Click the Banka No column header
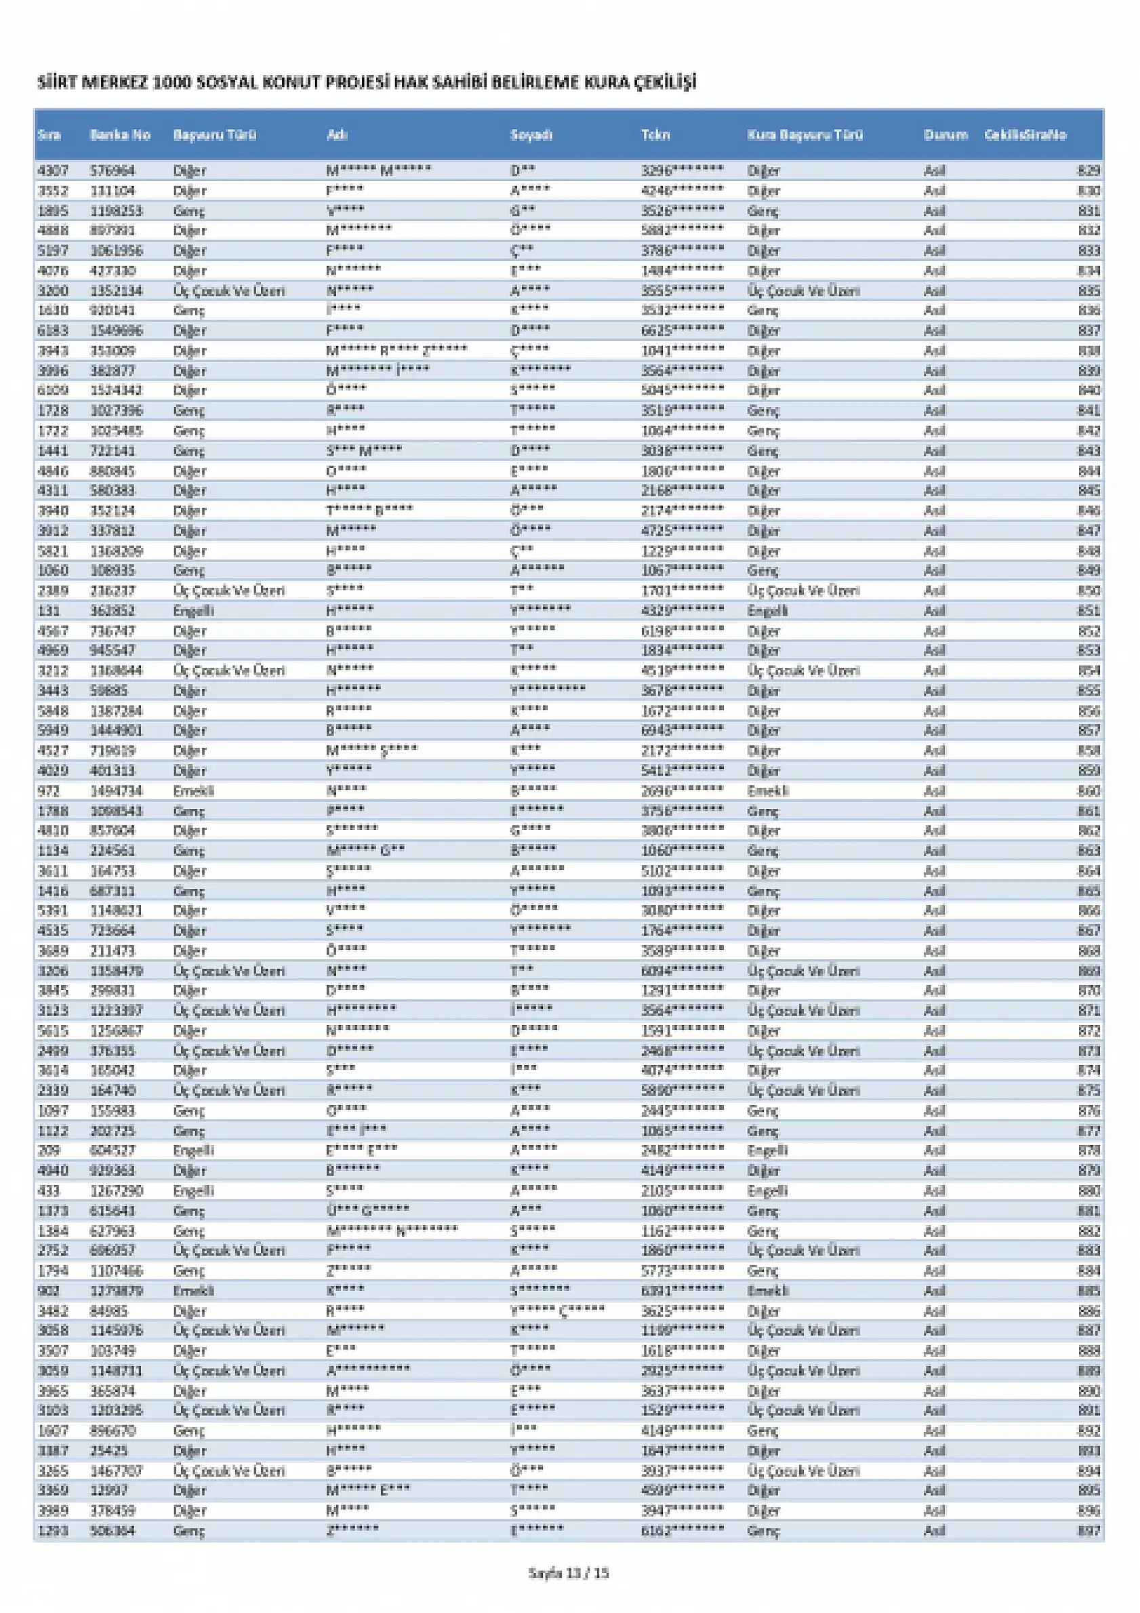(x=120, y=135)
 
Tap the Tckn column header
(x=655, y=135)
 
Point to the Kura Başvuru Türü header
(x=805, y=135)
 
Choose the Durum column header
(x=945, y=135)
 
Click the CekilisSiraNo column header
(x=1025, y=135)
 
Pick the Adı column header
(x=337, y=135)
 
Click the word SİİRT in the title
(x=56, y=83)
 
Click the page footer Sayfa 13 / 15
(x=568, y=1573)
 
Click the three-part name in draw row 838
(x=396, y=351)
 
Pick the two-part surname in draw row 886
(x=557, y=1311)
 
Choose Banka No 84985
(x=109, y=1311)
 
